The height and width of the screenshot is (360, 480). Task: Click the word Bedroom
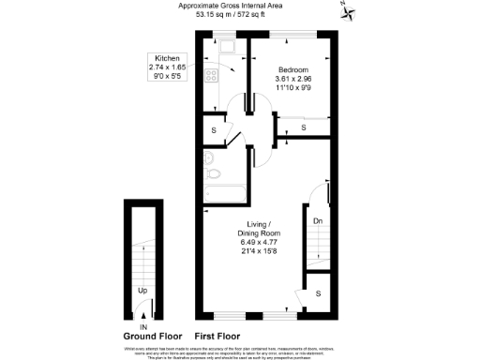tap(292, 69)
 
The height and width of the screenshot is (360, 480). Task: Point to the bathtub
tap(225, 194)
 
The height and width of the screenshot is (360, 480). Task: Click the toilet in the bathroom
tap(212, 172)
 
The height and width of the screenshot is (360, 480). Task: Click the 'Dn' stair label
tap(318, 221)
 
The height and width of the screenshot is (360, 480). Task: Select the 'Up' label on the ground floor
tap(142, 290)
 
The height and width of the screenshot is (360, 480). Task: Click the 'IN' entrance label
tap(143, 326)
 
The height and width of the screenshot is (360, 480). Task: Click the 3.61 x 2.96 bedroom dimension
tap(292, 79)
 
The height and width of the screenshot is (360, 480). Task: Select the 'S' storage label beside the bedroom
tap(303, 127)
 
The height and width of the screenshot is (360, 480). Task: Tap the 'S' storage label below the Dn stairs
tap(318, 293)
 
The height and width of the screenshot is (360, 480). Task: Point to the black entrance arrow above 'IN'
tap(143, 317)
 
